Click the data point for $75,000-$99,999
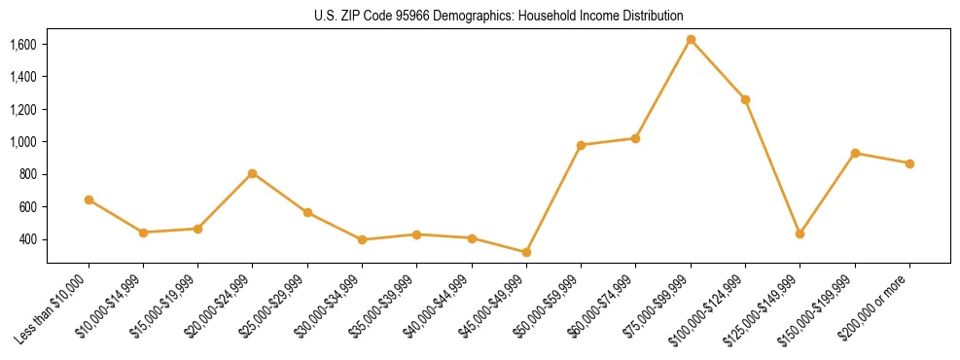(691, 40)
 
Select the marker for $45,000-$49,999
(526, 252)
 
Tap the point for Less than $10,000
(89, 199)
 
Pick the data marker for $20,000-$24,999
(253, 173)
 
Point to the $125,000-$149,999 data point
(800, 234)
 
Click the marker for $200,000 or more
(909, 163)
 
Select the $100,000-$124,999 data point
(745, 99)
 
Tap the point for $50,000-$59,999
(581, 145)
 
